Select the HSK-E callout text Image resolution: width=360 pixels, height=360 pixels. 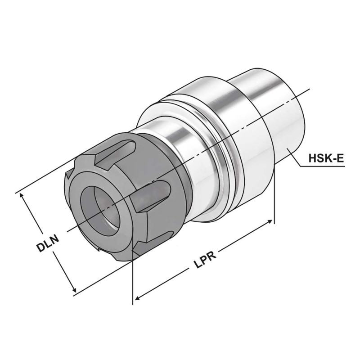tap(326, 158)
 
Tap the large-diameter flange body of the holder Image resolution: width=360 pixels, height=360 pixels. tap(243, 148)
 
